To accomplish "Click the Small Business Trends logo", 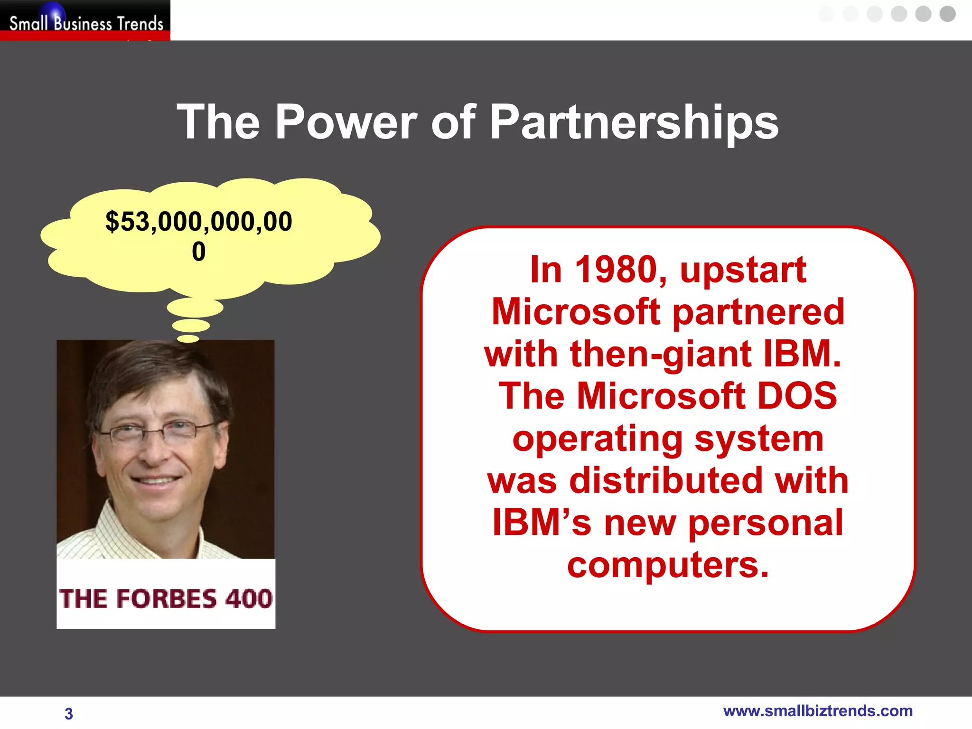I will pos(85,21).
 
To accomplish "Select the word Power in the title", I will pos(346,122).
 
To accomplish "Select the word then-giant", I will pos(661,354).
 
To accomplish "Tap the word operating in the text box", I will pos(597,439).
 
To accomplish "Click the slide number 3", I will pos(69,713).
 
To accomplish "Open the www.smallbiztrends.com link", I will pos(817,711).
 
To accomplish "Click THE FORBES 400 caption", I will pos(166,598).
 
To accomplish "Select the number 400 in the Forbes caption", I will pos(248,598).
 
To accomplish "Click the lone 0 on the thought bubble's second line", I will pos(198,252).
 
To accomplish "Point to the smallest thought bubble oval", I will pos(188,338).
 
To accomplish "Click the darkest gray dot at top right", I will pos(947,14).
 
